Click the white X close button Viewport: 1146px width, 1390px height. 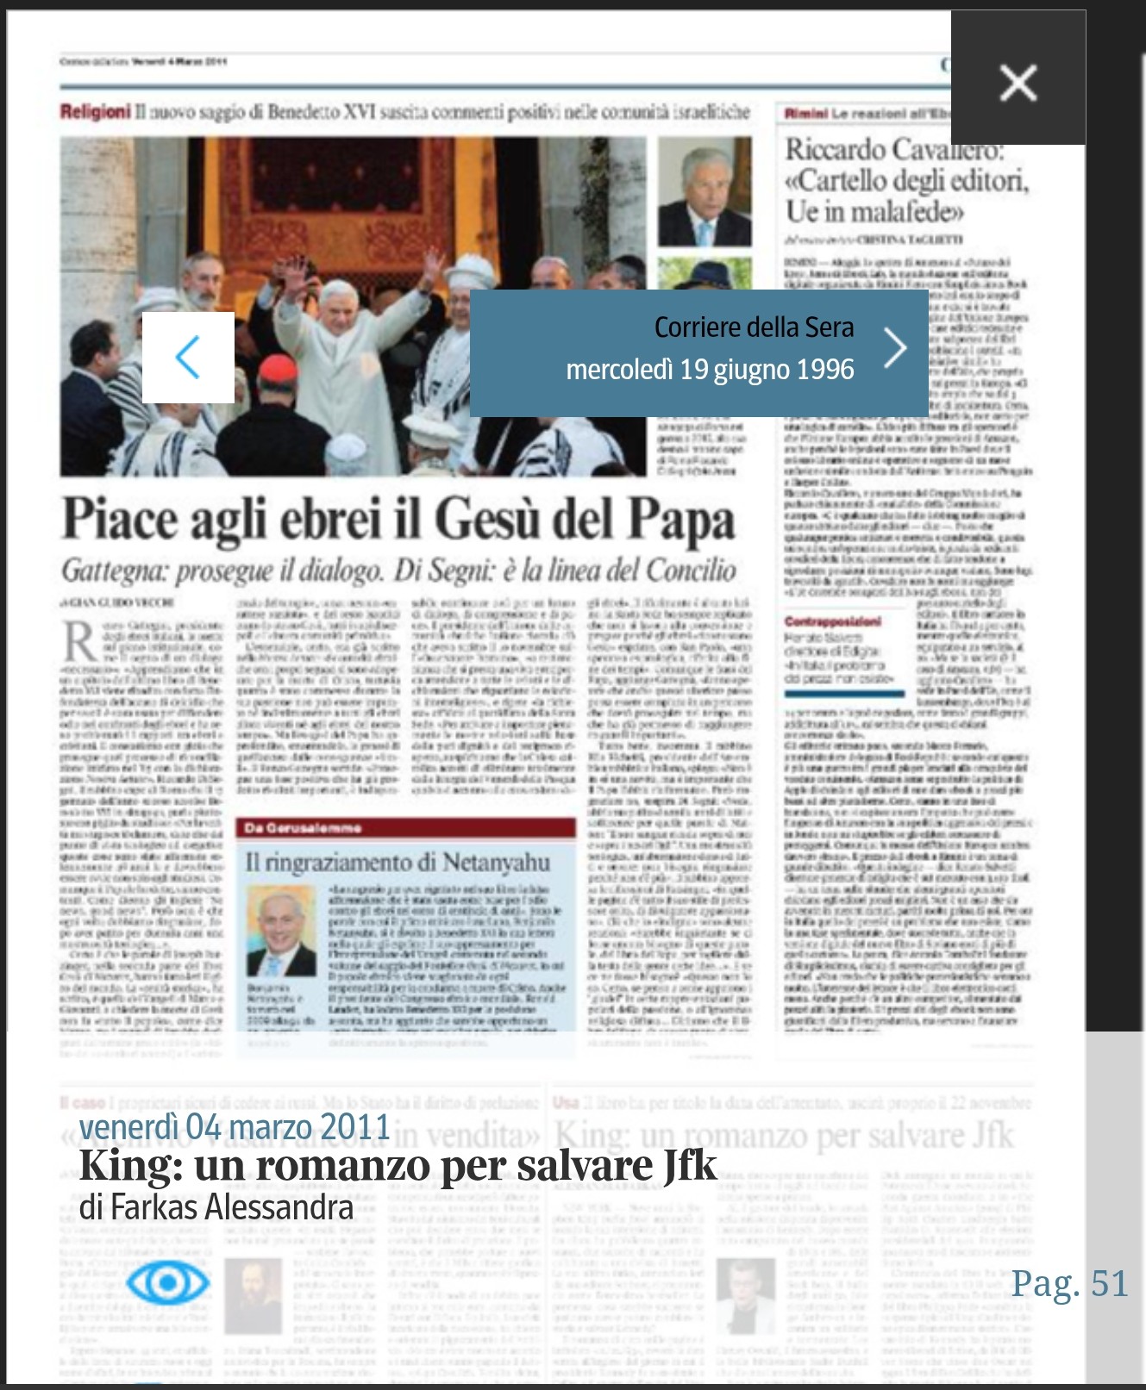[1018, 84]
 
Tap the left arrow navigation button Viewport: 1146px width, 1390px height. [188, 357]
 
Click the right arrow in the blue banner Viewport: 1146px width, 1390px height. [896, 348]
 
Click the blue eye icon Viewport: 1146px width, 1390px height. [167, 1283]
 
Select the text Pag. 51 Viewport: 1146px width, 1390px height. [1069, 1283]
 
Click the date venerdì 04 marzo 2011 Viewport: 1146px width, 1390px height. [235, 1126]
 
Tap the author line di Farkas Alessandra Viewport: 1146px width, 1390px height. [216, 1207]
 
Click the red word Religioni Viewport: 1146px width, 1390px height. [95, 112]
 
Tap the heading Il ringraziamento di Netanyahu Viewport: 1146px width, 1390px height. [398, 862]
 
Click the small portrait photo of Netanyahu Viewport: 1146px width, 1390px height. [280, 932]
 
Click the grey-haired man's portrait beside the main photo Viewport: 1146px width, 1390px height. [704, 193]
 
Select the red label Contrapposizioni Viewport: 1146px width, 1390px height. [833, 621]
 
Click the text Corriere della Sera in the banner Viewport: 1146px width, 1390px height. [754, 327]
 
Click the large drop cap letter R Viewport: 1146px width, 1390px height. [79, 641]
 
